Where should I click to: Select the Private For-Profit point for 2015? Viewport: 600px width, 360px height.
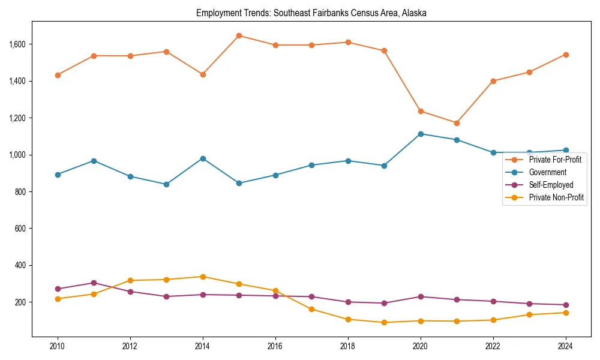[x=239, y=35]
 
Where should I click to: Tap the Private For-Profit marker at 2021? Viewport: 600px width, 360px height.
[x=457, y=123]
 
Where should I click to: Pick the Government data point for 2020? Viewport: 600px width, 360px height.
[x=420, y=134]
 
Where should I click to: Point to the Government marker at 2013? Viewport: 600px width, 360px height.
[x=166, y=184]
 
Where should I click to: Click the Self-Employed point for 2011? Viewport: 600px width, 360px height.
[x=94, y=283]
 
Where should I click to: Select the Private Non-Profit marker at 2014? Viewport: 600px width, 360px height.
[x=203, y=277]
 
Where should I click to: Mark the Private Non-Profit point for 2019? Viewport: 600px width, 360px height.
[x=384, y=322]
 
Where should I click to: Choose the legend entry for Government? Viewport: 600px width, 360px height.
[x=547, y=172]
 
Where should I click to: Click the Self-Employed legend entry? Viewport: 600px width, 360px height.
[x=551, y=185]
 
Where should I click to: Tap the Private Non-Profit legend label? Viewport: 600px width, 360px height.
[x=556, y=197]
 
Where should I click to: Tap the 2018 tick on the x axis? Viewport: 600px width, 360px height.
[x=348, y=346]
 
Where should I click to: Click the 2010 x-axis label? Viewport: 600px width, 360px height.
[x=58, y=346]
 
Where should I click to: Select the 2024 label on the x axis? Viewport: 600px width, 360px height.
[x=565, y=346]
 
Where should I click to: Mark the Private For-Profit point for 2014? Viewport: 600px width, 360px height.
[x=203, y=74]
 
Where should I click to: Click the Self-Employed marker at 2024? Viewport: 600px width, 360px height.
[x=565, y=305]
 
